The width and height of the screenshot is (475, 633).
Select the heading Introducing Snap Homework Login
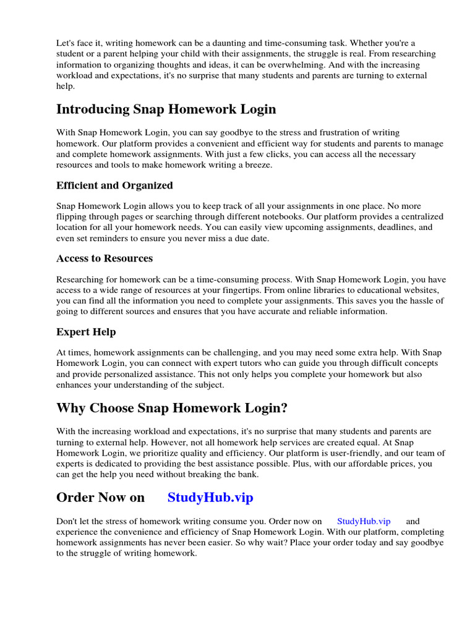click(x=166, y=109)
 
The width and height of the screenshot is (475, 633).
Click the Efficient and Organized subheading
click(x=114, y=185)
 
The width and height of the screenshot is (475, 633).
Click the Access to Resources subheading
click(x=105, y=258)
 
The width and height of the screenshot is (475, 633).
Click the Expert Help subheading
click(x=86, y=332)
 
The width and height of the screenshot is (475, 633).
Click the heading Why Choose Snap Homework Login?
click(x=172, y=409)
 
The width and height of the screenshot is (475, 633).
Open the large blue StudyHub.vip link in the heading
click(x=210, y=498)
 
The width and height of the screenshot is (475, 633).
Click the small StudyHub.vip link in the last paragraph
click(x=364, y=522)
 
